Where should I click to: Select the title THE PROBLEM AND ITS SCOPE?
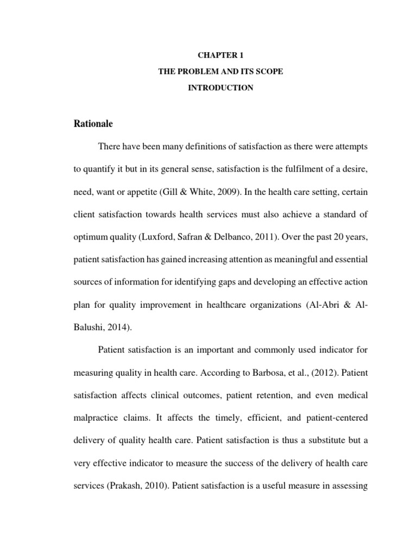[221, 71]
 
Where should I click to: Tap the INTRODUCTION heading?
[221, 87]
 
